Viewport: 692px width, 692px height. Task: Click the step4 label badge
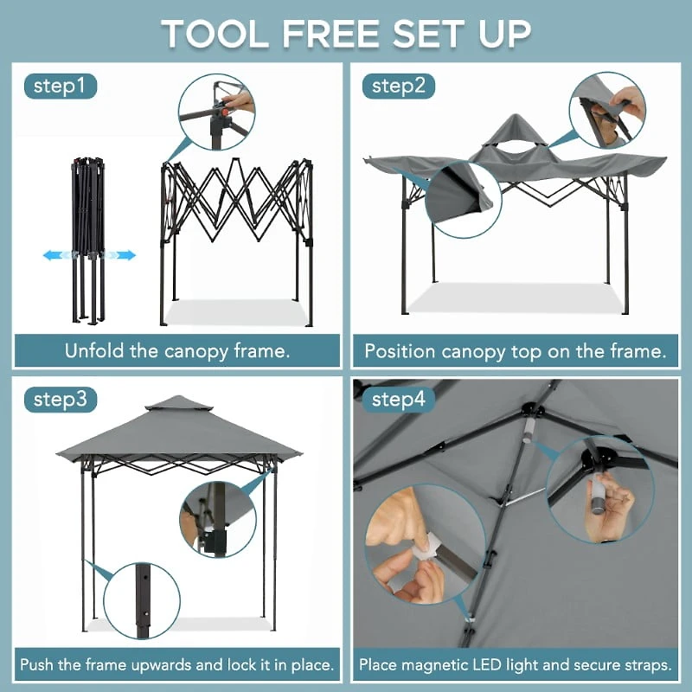pos(398,400)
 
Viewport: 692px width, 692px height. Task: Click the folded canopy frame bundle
pos(89,238)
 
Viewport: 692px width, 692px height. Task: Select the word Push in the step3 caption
pos(40,665)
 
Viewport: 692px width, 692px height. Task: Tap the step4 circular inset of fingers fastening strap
pos(412,554)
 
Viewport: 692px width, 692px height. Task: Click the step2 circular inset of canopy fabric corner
pos(464,199)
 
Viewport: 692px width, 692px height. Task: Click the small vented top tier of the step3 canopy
pos(178,404)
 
